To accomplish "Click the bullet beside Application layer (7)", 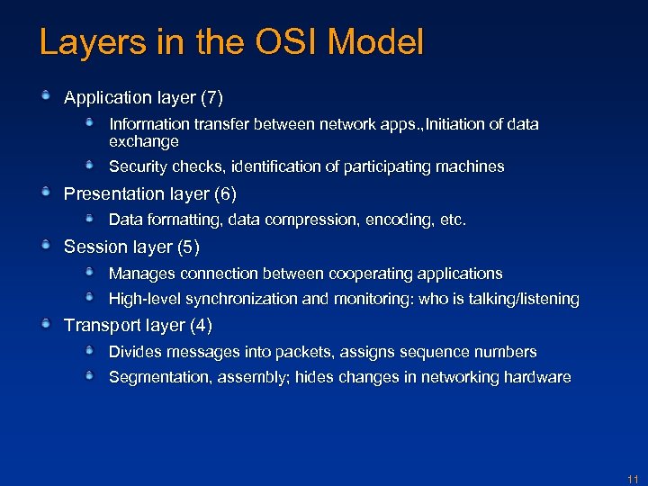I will click(46, 94).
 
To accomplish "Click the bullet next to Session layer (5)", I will click(46, 245).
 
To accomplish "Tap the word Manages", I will click(141, 274).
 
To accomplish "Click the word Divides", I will click(136, 352).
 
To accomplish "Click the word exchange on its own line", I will click(143, 141).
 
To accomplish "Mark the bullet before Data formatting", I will click(90, 218).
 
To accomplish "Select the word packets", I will click(314, 352).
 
